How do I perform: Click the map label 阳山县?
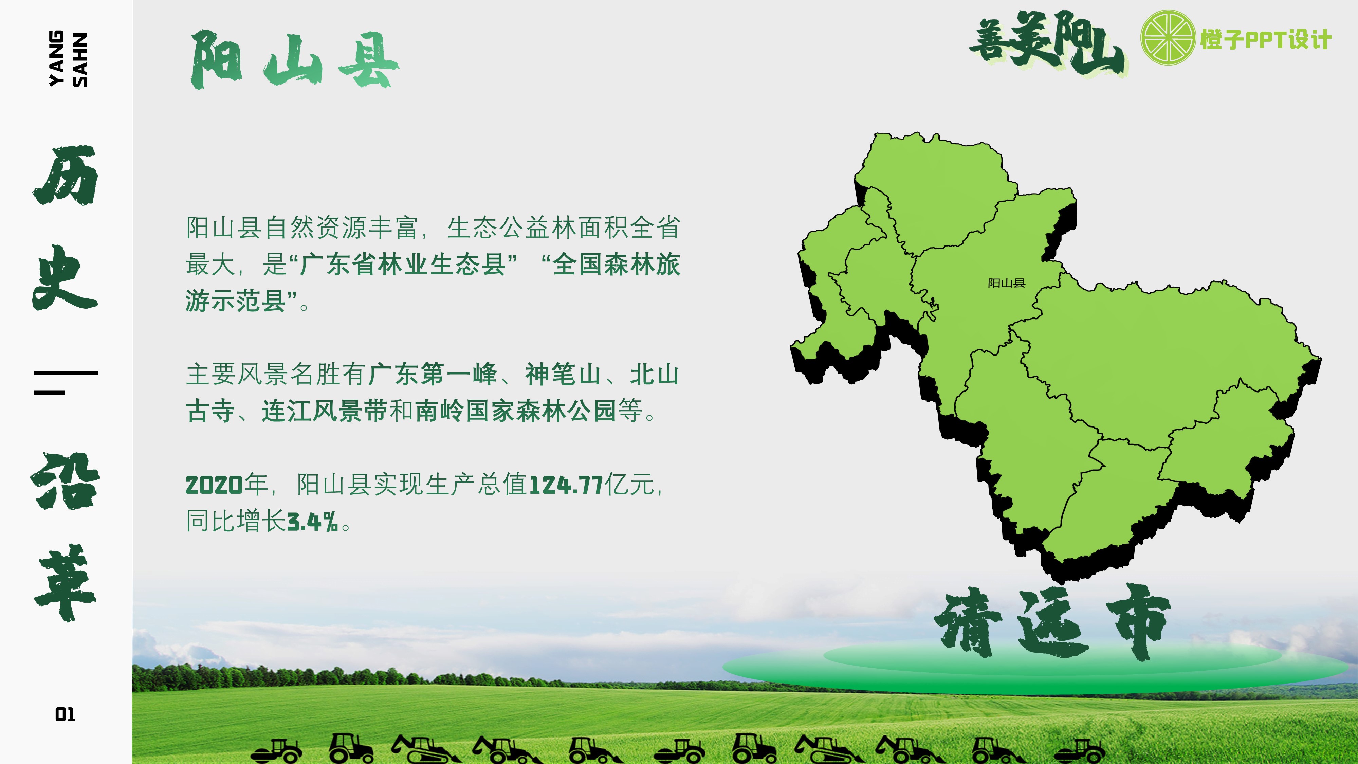pyautogui.click(x=1006, y=283)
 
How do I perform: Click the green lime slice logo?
pyautogui.click(x=1168, y=37)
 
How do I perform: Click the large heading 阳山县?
pyautogui.click(x=294, y=59)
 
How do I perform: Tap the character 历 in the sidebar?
pyautogui.click(x=66, y=175)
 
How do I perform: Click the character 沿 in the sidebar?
pyautogui.click(x=66, y=481)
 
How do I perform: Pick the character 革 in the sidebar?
pyautogui.click(x=66, y=584)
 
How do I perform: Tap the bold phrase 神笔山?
pyautogui.click(x=563, y=374)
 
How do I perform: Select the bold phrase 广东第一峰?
pyautogui.click(x=432, y=374)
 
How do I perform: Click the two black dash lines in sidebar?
pyautogui.click(x=66, y=383)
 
